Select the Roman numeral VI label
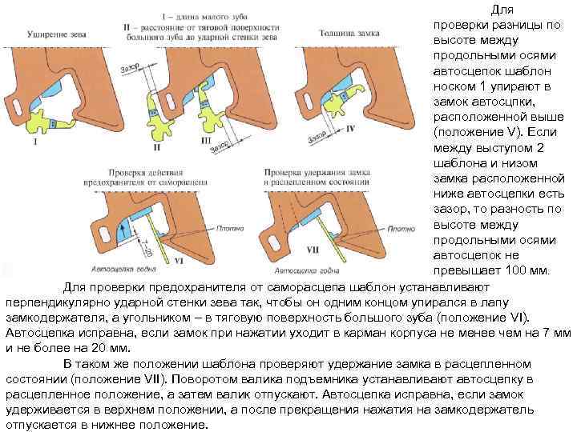[178, 261]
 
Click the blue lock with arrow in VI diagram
[125, 232]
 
